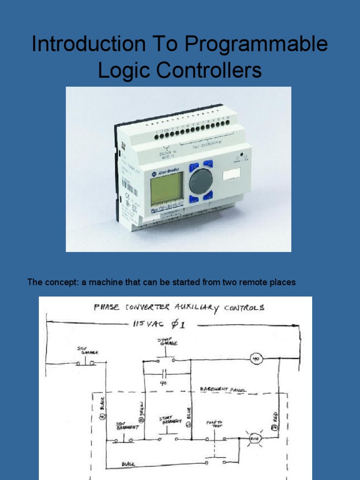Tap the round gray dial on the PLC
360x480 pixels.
pyautogui.click(x=201, y=181)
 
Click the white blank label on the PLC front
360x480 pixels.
pyautogui.click(x=232, y=174)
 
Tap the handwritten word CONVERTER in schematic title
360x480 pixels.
pyautogui.click(x=152, y=307)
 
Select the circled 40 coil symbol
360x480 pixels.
pyautogui.click(x=256, y=359)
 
